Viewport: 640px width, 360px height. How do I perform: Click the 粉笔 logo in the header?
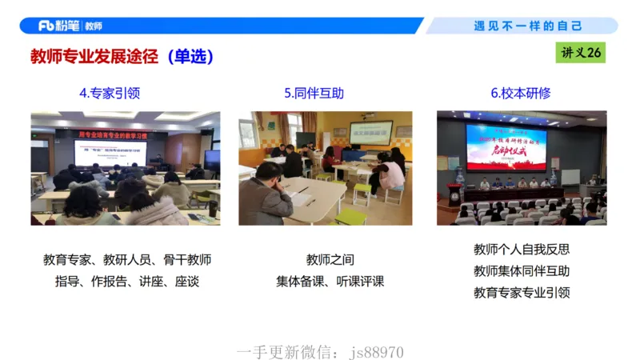(61, 26)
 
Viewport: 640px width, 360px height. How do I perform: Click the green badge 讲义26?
(580, 53)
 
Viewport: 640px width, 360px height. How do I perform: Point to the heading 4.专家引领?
(110, 93)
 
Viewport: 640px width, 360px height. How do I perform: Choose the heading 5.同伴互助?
(314, 93)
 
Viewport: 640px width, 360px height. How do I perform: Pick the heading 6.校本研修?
(521, 93)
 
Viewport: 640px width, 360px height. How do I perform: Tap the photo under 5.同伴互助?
(325, 168)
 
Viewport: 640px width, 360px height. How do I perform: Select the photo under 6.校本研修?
(521, 168)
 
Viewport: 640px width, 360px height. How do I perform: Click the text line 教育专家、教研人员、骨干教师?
(127, 260)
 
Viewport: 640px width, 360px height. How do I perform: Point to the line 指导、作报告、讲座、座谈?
(127, 282)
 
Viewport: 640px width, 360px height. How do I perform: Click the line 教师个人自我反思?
(522, 250)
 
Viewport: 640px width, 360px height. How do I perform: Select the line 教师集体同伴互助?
(522, 271)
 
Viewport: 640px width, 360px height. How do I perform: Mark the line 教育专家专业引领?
(522, 293)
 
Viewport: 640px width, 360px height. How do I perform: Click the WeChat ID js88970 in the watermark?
(378, 353)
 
